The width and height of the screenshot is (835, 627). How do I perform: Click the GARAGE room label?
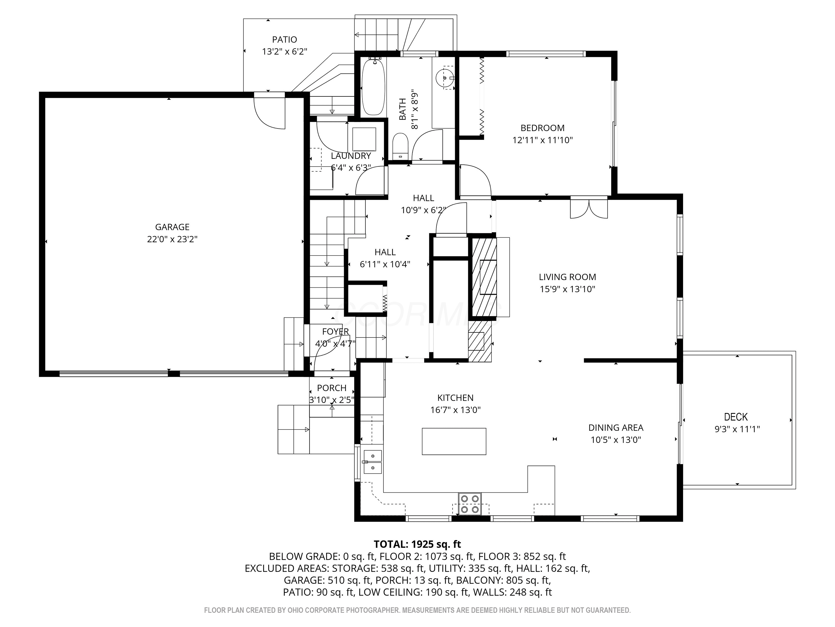pos(172,227)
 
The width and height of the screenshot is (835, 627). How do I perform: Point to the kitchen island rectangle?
pos(454,441)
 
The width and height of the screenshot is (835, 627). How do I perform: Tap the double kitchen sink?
pos(373,462)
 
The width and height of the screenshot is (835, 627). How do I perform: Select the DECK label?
pos(736,417)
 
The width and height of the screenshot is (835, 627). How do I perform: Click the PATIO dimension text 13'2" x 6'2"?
pos(285,51)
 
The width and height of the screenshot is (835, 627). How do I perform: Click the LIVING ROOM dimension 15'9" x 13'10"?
pos(567,289)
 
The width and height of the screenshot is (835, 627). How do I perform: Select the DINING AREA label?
pos(616,427)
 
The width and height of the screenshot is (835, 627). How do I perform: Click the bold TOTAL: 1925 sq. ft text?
pos(417,544)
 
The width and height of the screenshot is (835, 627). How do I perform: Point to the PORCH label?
pos(331,388)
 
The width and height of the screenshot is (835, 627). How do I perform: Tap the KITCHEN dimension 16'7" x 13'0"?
pos(455,410)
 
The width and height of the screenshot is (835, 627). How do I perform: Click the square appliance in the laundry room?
pos(364,139)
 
